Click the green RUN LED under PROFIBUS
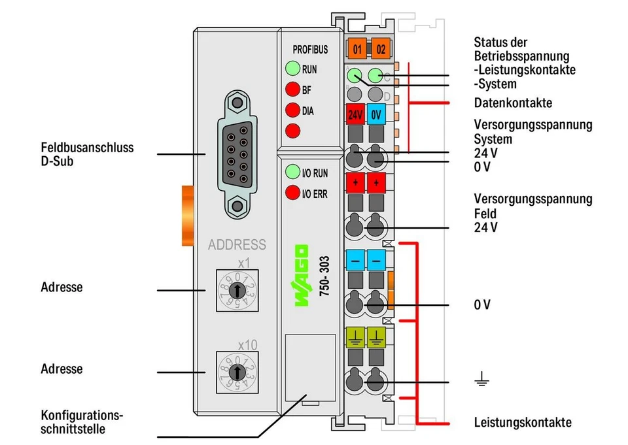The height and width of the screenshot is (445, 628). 292,69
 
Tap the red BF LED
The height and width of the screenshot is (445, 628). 292,89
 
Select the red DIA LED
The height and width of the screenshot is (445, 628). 292,110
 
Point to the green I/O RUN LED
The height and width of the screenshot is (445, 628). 292,172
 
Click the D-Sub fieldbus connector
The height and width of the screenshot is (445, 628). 237,154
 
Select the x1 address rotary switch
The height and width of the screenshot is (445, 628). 237,290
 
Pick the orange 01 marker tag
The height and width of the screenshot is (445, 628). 357,49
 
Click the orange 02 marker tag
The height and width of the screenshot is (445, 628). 380,49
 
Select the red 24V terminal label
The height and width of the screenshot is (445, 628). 355,114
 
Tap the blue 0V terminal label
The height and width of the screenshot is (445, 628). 376,114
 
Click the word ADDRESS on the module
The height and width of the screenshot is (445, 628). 237,245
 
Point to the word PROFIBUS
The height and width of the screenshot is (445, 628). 310,50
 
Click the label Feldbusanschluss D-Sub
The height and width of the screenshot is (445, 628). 87,154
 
